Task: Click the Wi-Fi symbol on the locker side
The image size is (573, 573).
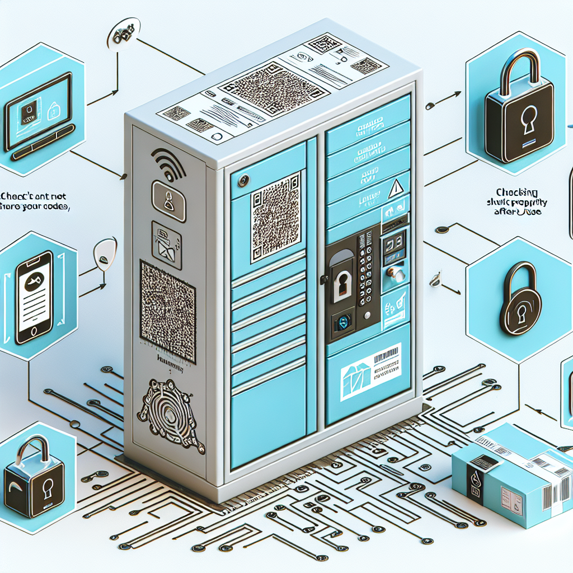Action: click(x=168, y=162)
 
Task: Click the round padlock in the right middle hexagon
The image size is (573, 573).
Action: click(x=520, y=300)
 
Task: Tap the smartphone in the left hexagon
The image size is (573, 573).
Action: click(x=34, y=297)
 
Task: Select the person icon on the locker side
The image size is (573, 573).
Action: click(x=167, y=199)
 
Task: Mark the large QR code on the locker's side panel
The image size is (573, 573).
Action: click(x=168, y=311)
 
